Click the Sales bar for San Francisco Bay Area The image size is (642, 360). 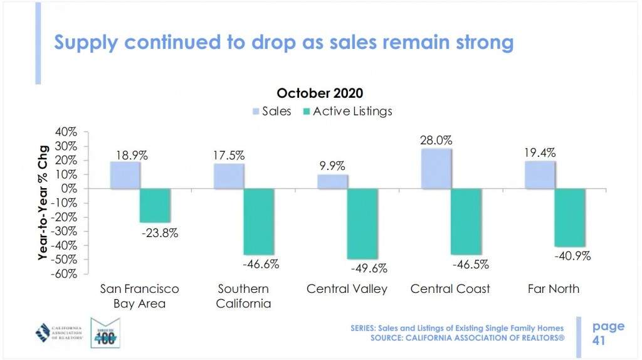coord(125,175)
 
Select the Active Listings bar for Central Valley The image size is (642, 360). coord(362,223)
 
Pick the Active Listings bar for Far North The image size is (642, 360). coord(569,217)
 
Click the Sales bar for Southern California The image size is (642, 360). coord(228,176)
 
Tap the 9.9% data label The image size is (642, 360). coord(332,166)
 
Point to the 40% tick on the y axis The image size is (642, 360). coord(65,132)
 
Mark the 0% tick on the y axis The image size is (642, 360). coord(69,189)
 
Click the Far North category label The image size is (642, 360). coord(554,289)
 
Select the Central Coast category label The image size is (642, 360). coord(450,289)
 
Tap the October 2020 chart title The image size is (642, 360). coord(320,94)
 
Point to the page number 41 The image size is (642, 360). coord(599,341)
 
